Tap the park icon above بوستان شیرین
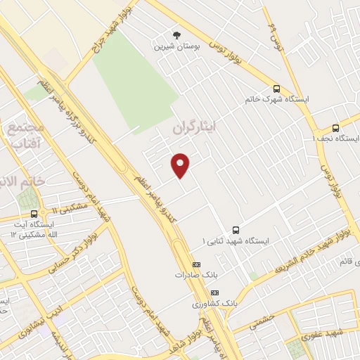[x=176, y=36]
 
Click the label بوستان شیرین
[x=176, y=47]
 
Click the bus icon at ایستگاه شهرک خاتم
[x=276, y=89]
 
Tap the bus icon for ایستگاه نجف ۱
[x=335, y=128]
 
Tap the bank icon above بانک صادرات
[x=196, y=264]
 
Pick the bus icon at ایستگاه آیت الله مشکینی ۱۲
[x=33, y=214]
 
